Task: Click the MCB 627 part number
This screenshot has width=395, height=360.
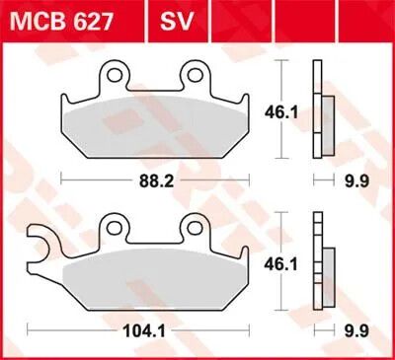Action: pos(61,22)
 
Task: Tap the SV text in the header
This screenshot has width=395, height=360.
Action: pos(176,22)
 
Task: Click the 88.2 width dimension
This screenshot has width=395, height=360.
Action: pos(156,181)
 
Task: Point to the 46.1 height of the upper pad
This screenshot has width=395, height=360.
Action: pos(281,112)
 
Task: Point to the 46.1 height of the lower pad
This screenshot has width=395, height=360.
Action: pos(280,264)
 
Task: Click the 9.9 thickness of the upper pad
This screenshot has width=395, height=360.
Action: pos(357,181)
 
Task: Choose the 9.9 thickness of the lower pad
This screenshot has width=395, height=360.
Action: pos(357,331)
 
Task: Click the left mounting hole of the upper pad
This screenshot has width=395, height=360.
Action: pos(114,75)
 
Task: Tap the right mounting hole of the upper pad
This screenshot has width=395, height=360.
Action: pos(196,75)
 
